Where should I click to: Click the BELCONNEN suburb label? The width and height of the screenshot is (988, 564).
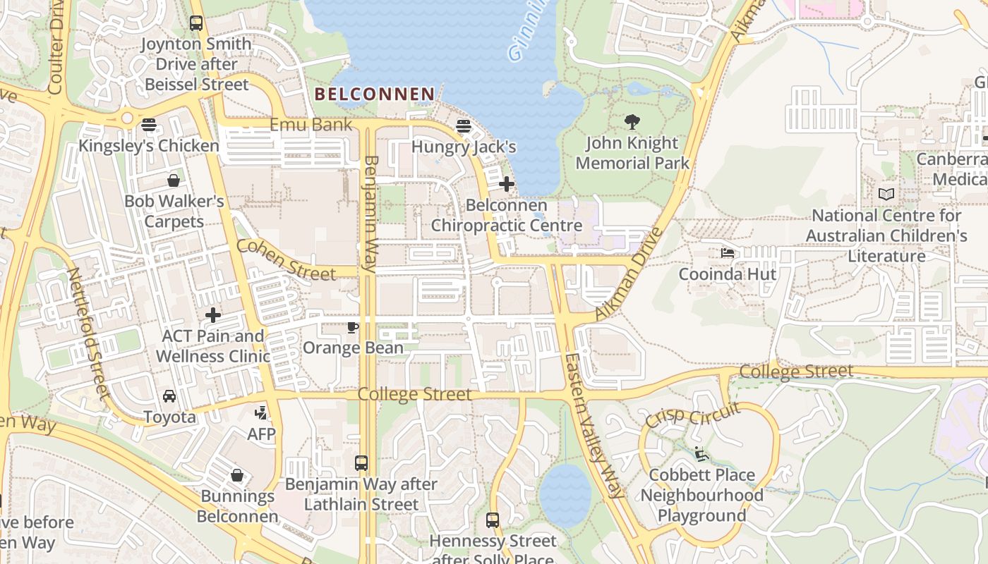click(374, 94)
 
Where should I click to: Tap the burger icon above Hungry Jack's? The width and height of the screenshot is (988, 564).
click(464, 126)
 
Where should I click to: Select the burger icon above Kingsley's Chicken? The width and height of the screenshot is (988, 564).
click(148, 125)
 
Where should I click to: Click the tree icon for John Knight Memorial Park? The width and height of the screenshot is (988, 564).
click(632, 122)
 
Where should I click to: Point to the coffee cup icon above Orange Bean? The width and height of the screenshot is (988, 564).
click(353, 327)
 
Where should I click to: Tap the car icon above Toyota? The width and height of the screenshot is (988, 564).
click(169, 396)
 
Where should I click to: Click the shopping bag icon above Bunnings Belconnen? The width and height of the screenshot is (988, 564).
click(237, 475)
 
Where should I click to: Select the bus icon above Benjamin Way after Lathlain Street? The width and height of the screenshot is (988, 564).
click(361, 463)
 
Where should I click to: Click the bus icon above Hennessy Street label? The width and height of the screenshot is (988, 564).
click(493, 520)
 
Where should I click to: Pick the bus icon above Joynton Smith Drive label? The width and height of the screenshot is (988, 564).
click(196, 23)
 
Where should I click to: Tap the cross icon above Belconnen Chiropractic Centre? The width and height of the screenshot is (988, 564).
click(506, 185)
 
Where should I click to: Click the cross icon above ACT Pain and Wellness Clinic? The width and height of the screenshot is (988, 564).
click(213, 315)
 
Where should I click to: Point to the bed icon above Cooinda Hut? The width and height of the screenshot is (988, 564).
click(728, 253)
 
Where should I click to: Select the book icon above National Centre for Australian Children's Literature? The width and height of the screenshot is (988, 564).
click(886, 194)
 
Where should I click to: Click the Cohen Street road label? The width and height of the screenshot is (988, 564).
click(286, 260)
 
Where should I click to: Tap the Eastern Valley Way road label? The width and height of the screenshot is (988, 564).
click(594, 426)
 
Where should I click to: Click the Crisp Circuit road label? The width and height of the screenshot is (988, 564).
click(692, 415)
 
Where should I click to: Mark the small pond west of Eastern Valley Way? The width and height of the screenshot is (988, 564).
click(565, 496)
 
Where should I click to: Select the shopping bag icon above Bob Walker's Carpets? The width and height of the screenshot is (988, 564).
click(174, 180)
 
